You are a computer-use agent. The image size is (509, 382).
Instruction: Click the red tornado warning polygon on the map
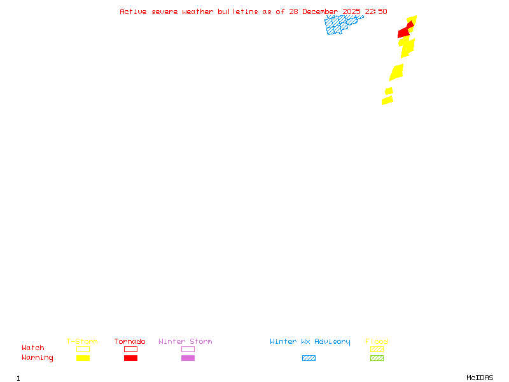(x=404, y=32)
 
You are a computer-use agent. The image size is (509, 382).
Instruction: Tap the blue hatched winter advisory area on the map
(x=340, y=25)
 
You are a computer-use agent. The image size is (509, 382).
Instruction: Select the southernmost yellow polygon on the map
(x=387, y=101)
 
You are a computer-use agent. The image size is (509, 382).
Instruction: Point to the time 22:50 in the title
(x=376, y=11)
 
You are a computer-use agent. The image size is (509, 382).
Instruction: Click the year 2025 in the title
(x=352, y=11)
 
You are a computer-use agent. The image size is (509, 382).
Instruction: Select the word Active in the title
(x=133, y=11)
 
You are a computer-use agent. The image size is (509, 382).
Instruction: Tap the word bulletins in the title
(x=238, y=11)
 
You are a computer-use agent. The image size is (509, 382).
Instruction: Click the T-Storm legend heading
(x=82, y=341)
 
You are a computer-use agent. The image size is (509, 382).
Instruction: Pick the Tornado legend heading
(x=130, y=341)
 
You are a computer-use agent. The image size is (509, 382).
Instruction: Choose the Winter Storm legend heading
(x=185, y=341)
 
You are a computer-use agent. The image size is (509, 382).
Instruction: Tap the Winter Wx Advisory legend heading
(x=310, y=341)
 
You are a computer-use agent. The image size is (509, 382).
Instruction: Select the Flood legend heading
(x=377, y=341)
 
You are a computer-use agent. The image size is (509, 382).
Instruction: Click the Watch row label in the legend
(x=33, y=348)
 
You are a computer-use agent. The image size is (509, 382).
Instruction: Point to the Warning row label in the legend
(x=38, y=358)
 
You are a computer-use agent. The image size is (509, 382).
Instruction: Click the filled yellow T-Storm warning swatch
(x=83, y=358)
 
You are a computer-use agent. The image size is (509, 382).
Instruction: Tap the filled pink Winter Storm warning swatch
(x=188, y=358)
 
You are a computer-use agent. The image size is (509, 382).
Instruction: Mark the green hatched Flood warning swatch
(x=377, y=358)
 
